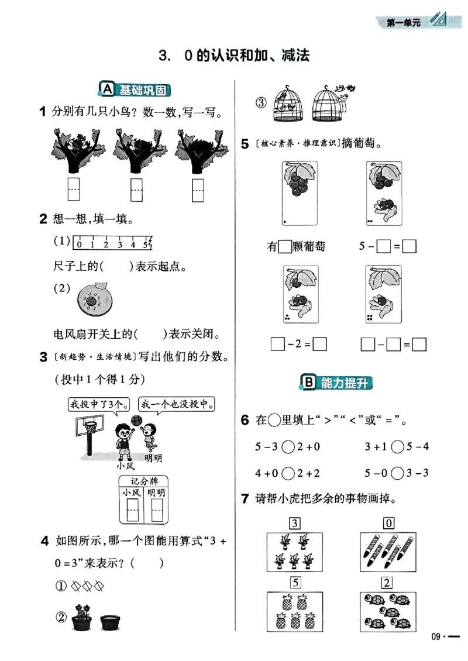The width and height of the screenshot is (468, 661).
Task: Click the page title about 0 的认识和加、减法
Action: pos(233,56)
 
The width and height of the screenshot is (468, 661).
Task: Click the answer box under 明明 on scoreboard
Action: pos(156,511)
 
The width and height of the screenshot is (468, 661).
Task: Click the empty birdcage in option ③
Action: pos(329,104)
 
